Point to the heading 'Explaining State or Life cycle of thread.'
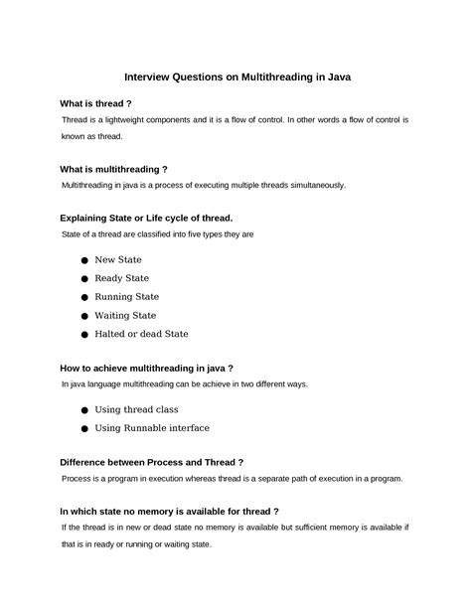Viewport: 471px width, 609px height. (x=146, y=218)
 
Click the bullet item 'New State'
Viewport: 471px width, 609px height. (x=118, y=260)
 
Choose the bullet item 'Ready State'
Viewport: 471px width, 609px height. (x=121, y=278)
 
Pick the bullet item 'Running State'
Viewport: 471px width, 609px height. (x=126, y=297)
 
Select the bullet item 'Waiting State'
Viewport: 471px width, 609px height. (x=125, y=315)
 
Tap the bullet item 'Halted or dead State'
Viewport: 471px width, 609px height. (x=141, y=334)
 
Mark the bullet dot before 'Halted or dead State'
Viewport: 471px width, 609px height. (x=84, y=335)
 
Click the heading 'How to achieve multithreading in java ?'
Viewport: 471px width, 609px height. (x=146, y=367)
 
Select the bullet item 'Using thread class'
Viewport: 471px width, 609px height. (x=136, y=409)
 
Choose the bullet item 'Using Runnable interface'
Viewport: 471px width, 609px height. (x=151, y=428)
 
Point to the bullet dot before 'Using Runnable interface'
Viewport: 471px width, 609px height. (x=84, y=429)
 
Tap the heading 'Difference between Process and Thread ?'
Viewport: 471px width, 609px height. (x=152, y=462)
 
